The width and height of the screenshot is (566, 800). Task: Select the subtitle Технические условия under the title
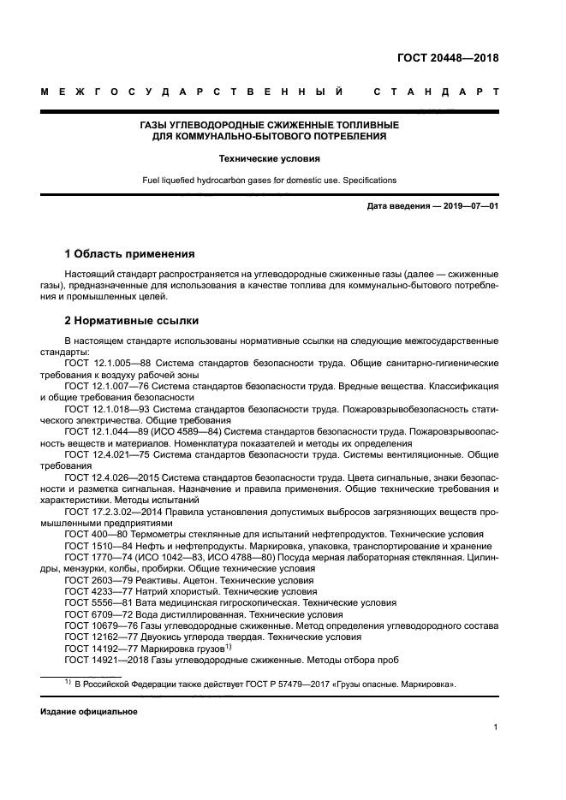(270, 158)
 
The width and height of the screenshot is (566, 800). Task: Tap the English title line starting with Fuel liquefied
(270, 181)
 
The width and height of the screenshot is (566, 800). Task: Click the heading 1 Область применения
(130, 254)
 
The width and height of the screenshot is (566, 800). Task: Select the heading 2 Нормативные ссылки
(132, 321)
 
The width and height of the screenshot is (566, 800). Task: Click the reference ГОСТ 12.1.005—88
(107, 364)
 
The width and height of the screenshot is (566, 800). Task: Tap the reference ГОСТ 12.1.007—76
(107, 386)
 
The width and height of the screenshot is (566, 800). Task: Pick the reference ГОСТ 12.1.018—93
(107, 409)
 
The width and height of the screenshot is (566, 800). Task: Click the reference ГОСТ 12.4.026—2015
(111, 477)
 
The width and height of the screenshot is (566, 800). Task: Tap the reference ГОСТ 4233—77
(95, 590)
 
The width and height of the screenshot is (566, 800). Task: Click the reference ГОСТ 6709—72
(95, 613)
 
